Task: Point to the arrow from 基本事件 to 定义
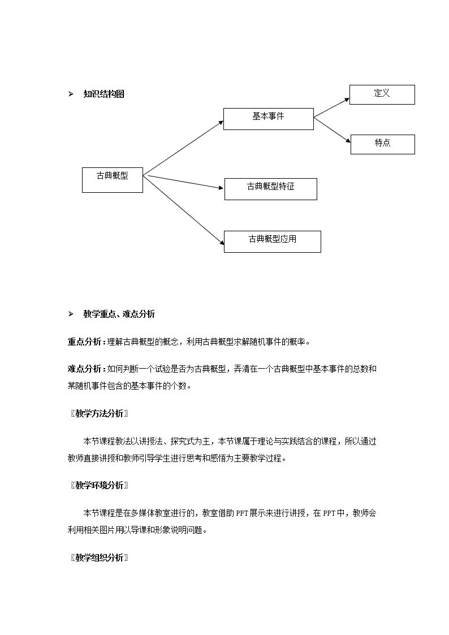pos(331,108)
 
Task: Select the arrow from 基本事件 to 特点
pos(332,130)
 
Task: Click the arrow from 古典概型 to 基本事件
pos(183,148)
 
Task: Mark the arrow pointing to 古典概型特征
pos(186,182)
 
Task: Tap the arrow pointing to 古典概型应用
pos(184,210)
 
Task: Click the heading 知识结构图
pos(103,94)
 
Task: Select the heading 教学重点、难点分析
pos(119,314)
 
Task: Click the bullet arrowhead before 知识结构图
pos(71,94)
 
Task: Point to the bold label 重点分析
pos(84,342)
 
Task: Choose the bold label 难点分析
pos(84,369)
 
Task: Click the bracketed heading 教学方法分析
pos(100,413)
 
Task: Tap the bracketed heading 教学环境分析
pos(100,485)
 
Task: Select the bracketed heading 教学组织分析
pos(100,558)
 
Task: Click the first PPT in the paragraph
pos(242,513)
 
